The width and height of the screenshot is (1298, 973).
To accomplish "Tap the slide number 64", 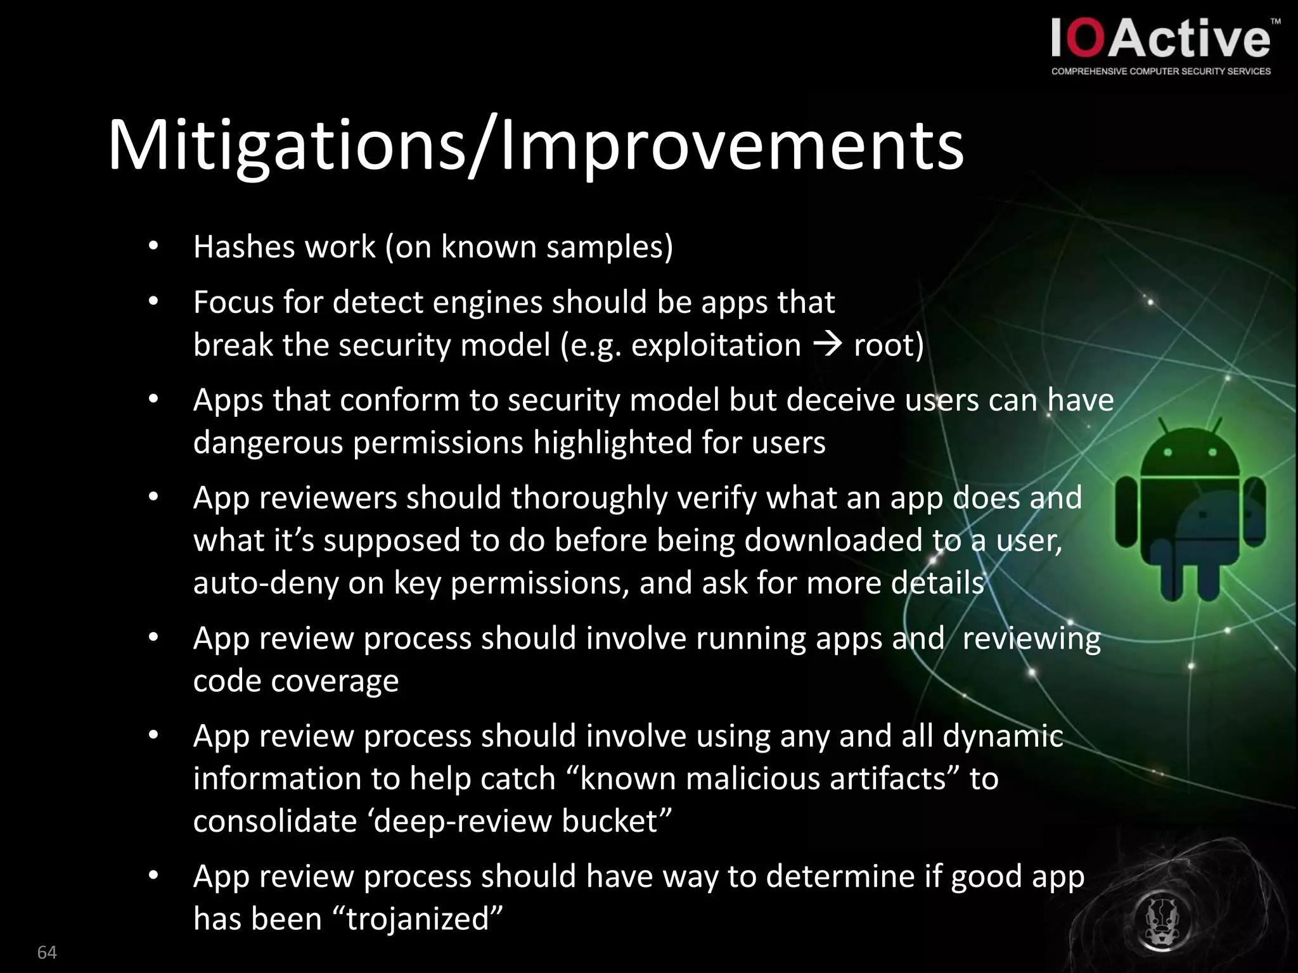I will coord(47,952).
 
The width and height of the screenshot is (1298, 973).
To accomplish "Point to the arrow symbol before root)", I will coord(827,345).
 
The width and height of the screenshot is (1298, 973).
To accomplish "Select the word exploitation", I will coord(716,345).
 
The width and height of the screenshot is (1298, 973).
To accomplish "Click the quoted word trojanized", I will coord(418,919).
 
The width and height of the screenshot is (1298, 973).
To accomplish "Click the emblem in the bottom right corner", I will coord(1164,920).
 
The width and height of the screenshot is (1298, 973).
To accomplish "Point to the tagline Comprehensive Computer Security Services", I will coord(1160,71).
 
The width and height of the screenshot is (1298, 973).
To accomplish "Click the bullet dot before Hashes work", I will coord(153,247).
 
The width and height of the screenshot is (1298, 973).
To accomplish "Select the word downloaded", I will coord(833,540).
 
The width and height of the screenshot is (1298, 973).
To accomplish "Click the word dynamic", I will coord(1003,736).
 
